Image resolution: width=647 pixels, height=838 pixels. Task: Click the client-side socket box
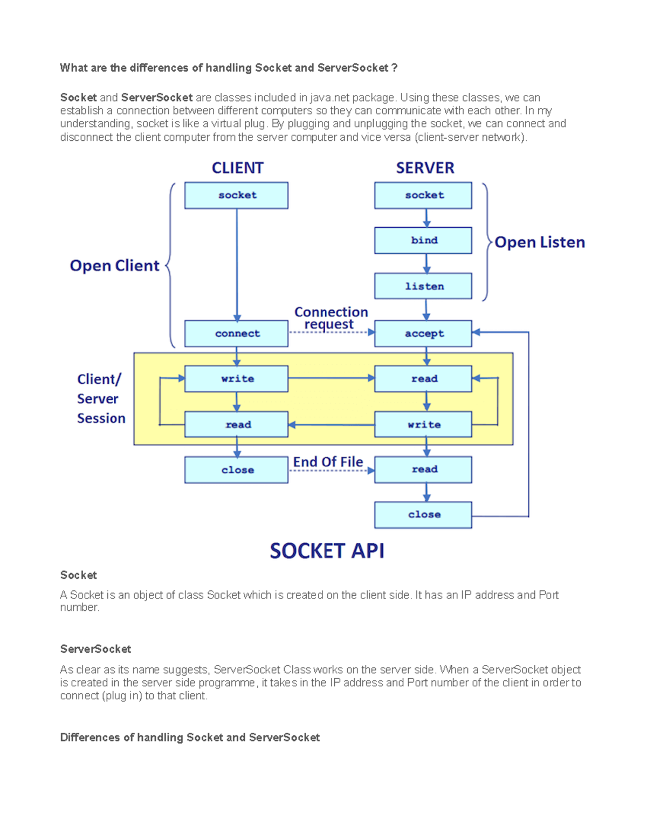click(x=236, y=195)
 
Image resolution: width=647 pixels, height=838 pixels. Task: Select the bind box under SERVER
click(x=423, y=241)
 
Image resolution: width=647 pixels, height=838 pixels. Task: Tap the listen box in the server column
click(x=423, y=286)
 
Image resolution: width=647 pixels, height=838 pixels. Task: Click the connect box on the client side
click(x=236, y=333)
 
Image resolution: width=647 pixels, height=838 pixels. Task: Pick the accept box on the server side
click(x=423, y=333)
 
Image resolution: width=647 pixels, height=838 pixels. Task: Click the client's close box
click(x=236, y=470)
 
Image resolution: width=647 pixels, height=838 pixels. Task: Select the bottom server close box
click(x=423, y=515)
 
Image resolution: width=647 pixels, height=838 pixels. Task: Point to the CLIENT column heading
click(x=237, y=168)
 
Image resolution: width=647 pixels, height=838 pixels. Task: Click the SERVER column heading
click(x=425, y=168)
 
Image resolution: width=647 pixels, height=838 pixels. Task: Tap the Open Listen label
click(x=540, y=242)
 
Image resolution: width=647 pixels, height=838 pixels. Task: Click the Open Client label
click(x=114, y=265)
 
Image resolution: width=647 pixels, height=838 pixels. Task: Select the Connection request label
click(x=331, y=318)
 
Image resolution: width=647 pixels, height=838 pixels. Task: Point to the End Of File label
click(x=328, y=462)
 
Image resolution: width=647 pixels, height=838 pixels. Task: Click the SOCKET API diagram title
click(x=327, y=551)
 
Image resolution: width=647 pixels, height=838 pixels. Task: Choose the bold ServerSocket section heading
click(x=95, y=649)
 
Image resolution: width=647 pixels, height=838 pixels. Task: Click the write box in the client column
click(x=236, y=379)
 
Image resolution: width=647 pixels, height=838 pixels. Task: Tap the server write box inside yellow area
click(x=423, y=425)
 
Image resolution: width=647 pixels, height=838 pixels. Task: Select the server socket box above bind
click(x=423, y=195)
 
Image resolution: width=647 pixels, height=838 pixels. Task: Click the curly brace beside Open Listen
click(x=486, y=242)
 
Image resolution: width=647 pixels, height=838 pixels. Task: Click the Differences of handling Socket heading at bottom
click(x=190, y=738)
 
